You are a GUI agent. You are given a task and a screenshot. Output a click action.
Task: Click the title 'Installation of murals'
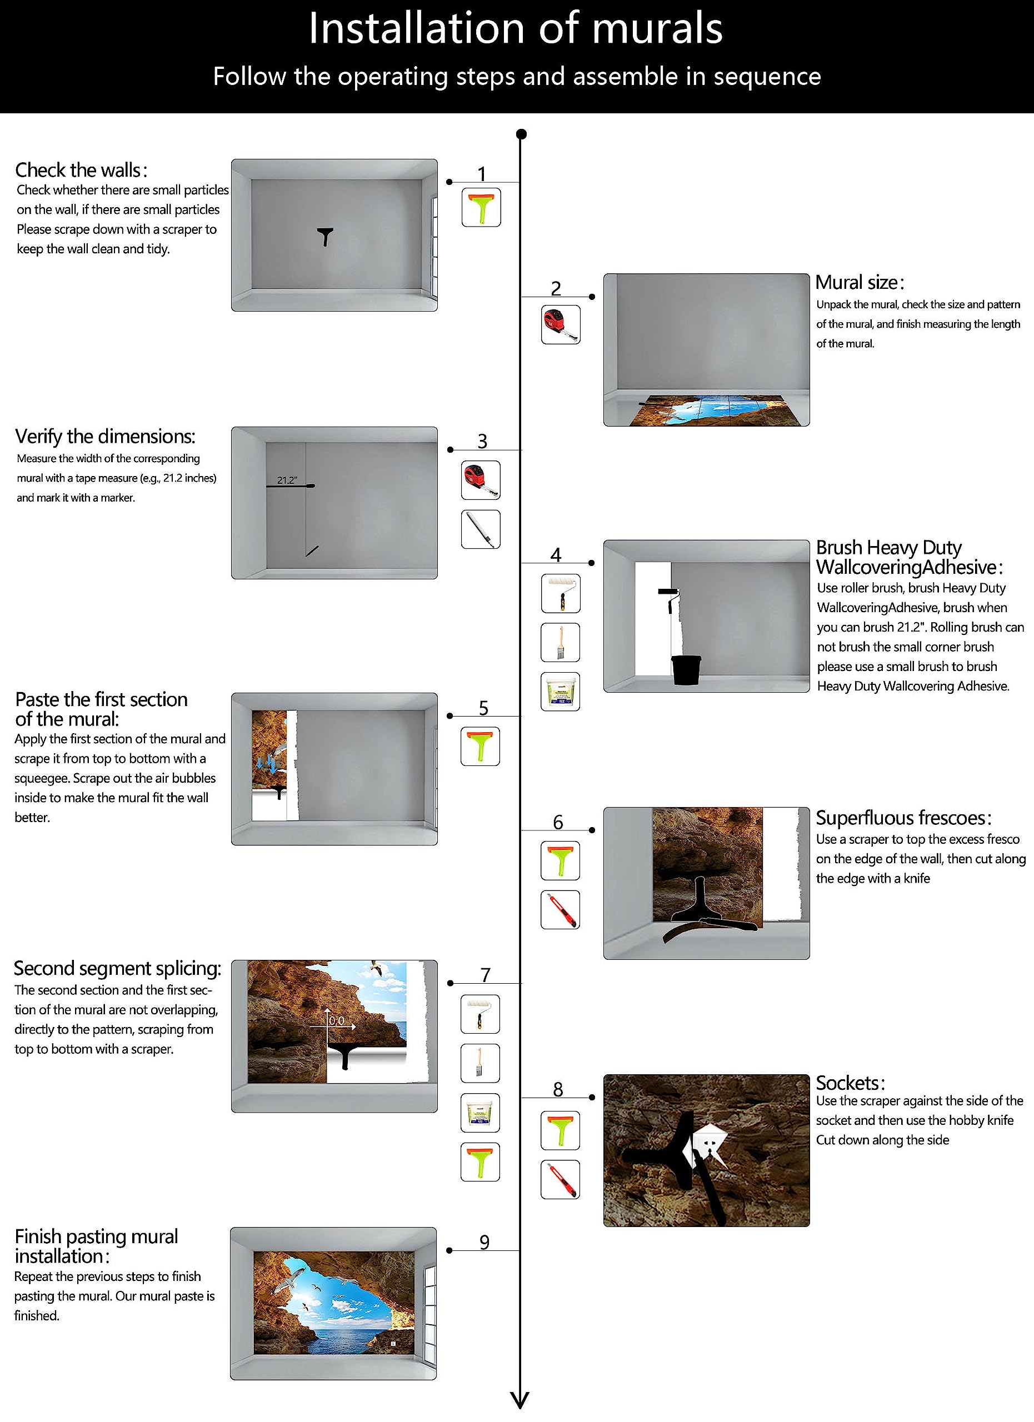(516, 29)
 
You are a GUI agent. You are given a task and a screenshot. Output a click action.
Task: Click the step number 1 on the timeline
(482, 174)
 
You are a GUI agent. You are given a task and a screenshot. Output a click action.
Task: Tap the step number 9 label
(484, 1241)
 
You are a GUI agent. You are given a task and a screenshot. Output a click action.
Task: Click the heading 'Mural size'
(859, 283)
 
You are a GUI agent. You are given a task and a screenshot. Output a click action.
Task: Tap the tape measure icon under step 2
(561, 325)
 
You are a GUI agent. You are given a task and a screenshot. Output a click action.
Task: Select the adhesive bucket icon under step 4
(561, 692)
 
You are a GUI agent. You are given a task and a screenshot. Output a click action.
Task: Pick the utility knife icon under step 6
(561, 910)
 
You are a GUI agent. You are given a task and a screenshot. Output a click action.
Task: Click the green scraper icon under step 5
(480, 746)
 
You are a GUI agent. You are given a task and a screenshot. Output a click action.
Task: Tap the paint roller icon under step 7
(480, 1014)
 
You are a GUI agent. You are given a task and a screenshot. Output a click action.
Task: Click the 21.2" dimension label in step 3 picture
(287, 480)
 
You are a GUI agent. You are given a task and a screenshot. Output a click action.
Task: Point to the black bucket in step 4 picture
(686, 670)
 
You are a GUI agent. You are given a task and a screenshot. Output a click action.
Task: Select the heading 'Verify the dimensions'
(104, 437)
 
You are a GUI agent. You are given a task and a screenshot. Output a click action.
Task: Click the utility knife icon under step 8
(561, 1179)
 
